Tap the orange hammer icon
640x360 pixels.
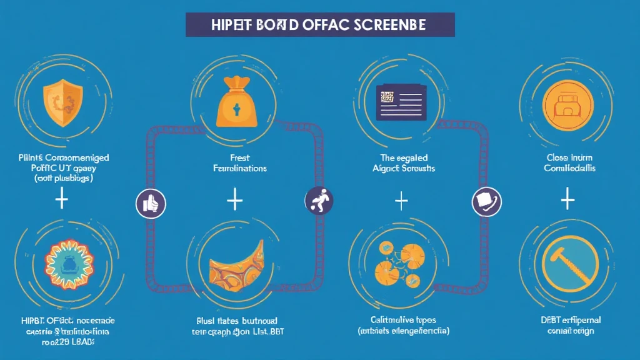[x=566, y=262]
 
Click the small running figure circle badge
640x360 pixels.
[x=319, y=201]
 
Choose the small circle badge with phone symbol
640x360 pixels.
[x=486, y=202]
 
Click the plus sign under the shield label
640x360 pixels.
[x=61, y=200]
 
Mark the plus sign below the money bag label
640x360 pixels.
[x=234, y=200]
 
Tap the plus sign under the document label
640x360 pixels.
[x=401, y=201]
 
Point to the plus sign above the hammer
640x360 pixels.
[x=567, y=200]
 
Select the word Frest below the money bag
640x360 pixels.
[x=234, y=157]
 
